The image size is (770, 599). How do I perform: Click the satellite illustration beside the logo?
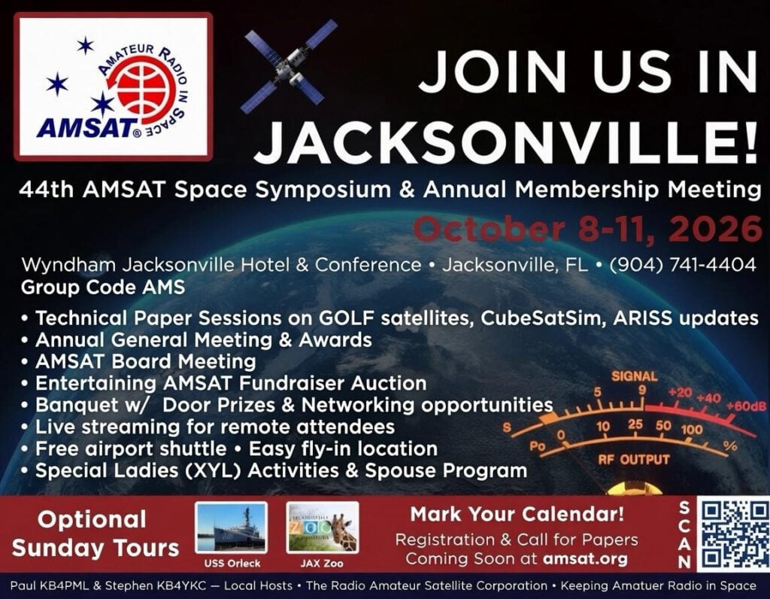[x=288, y=66]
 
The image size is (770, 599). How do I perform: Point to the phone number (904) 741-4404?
[x=683, y=266]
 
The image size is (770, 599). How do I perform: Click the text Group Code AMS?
[x=103, y=287]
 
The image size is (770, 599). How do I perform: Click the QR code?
[x=732, y=534]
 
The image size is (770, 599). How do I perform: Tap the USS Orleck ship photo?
[x=232, y=528]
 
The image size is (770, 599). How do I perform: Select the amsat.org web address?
[x=585, y=558]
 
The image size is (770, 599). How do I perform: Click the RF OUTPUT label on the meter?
[x=634, y=460]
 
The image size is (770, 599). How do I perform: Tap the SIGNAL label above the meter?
[x=634, y=376]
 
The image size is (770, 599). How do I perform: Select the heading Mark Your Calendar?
[x=517, y=514]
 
